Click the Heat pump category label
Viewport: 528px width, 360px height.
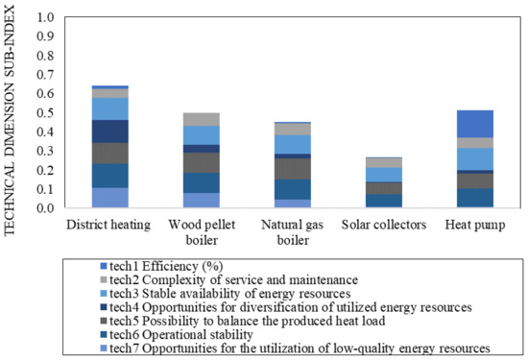click(471, 225)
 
